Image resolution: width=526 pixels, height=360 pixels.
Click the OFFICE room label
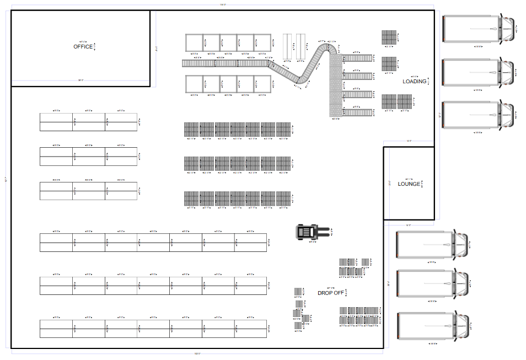[83, 47]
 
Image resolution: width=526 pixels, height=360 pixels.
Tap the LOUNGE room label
[409, 184]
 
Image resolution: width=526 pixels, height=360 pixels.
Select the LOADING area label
[415, 82]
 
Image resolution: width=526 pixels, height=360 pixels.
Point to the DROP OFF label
[330, 293]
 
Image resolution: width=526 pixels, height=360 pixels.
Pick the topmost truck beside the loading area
[479, 29]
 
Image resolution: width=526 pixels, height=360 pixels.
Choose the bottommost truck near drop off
[433, 326]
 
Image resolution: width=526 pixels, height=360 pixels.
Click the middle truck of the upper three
[479, 73]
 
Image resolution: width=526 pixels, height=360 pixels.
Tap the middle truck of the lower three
[433, 284]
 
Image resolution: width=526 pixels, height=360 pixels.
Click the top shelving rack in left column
[88, 122]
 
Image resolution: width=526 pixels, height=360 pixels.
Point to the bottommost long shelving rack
[153, 329]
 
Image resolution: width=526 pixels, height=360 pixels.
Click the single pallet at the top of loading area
[389, 37]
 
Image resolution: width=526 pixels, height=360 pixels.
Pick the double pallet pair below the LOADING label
[396, 101]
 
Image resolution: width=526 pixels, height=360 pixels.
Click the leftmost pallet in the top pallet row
[191, 130]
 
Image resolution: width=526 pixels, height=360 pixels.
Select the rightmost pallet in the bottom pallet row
[283, 198]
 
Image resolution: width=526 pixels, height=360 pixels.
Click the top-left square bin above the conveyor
[194, 42]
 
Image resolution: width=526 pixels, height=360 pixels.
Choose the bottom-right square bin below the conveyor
[263, 84]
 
